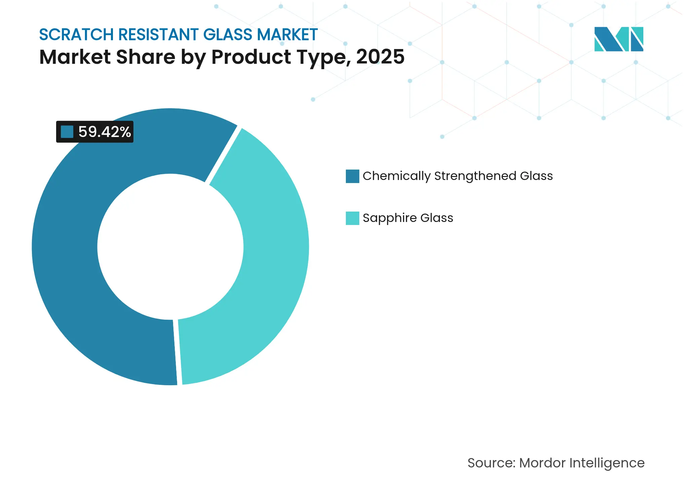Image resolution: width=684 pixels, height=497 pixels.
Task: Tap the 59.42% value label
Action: pyautogui.click(x=104, y=132)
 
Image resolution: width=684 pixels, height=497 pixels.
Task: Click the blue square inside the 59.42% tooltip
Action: pyautogui.click(x=67, y=132)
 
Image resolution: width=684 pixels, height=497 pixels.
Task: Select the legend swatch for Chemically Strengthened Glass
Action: pyautogui.click(x=352, y=176)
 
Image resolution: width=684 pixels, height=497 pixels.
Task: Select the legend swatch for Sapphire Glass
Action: pyautogui.click(x=352, y=218)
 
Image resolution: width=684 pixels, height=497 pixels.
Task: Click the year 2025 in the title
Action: pyautogui.click(x=380, y=57)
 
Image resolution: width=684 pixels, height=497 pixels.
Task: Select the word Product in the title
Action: pyautogui.click(x=251, y=57)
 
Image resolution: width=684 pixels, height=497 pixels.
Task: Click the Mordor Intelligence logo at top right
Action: pyautogui.click(x=618, y=39)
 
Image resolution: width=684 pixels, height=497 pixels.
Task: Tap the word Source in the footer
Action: pyautogui.click(x=491, y=463)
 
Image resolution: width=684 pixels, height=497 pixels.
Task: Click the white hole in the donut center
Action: pyautogui.click(x=170, y=247)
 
